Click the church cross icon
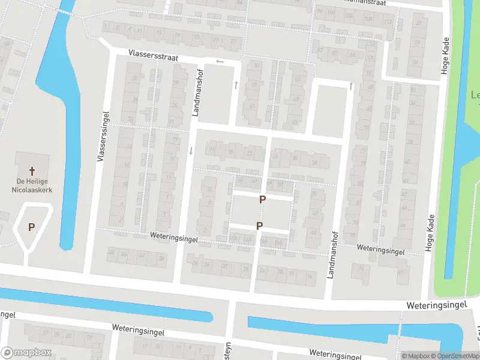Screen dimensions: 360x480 click(x=32, y=171)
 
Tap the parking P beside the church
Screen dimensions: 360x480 click(x=31, y=227)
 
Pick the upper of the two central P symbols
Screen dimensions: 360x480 click(x=262, y=199)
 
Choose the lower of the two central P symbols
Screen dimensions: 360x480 click(x=259, y=226)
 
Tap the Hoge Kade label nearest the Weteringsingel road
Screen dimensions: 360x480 click(x=429, y=232)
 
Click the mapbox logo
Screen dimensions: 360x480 click(x=25, y=353)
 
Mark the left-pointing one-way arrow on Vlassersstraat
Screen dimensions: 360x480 click(x=220, y=62)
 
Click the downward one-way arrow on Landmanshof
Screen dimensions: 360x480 click(x=191, y=150)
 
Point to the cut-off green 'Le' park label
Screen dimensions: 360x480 click(x=475, y=95)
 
